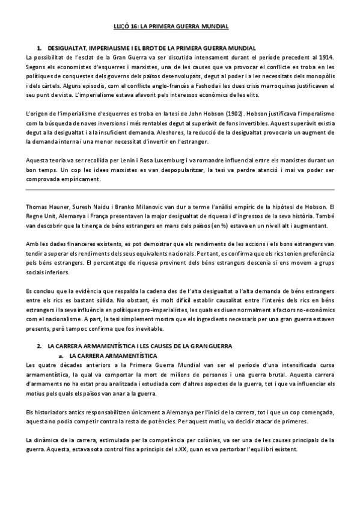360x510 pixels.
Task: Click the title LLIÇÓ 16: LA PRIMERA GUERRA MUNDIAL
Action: pyautogui.click(x=180, y=26)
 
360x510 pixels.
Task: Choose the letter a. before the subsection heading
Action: pyautogui.click(x=61, y=356)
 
